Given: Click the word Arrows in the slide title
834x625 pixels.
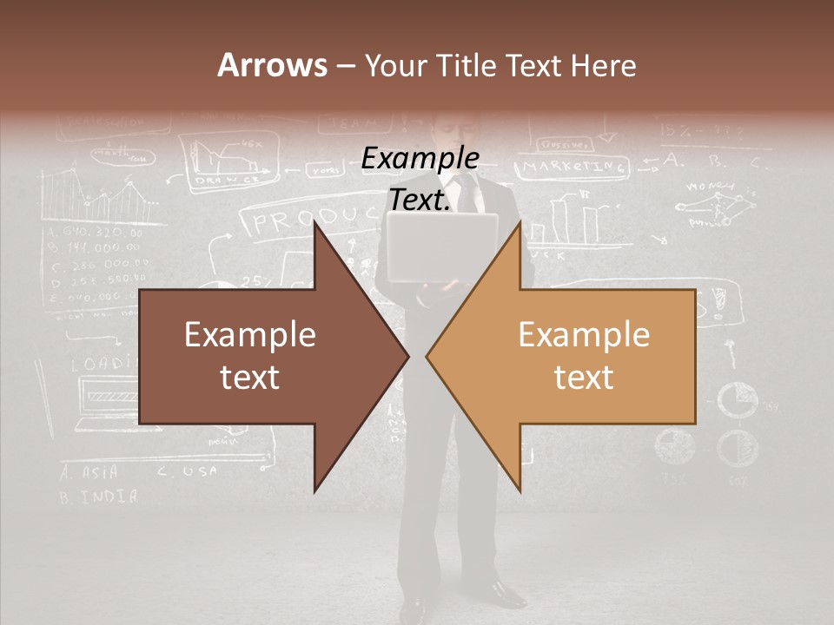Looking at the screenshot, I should pyautogui.click(x=272, y=65).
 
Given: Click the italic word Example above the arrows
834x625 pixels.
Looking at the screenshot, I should pyautogui.click(x=420, y=159).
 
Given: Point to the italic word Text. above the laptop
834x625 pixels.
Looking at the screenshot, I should pyautogui.click(x=420, y=200).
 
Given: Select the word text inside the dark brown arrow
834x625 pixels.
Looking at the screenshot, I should pyautogui.click(x=249, y=378).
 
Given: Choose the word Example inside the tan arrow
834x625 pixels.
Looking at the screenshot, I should pyautogui.click(x=584, y=335).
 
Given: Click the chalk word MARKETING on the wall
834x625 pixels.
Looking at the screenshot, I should pyautogui.click(x=574, y=166).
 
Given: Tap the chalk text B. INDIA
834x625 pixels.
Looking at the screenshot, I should pyautogui.click(x=98, y=497).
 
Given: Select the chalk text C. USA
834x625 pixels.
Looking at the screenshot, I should pyautogui.click(x=188, y=471).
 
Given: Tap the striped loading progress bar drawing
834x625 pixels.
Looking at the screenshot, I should pyautogui.click(x=114, y=396).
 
